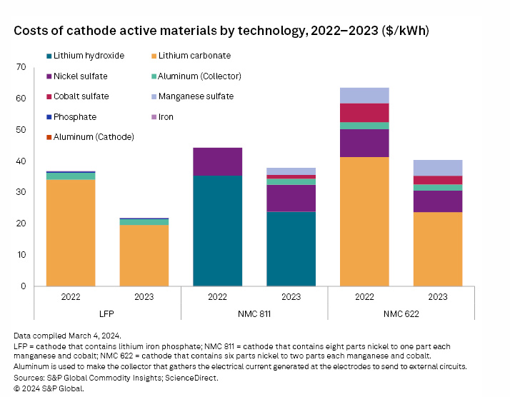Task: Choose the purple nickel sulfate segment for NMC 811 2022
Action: (217, 161)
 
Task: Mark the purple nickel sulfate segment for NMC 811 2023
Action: (291, 198)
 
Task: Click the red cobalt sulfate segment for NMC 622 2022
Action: (364, 113)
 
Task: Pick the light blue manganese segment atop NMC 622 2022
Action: (364, 95)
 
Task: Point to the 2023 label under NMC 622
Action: (438, 296)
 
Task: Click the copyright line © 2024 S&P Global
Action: (49, 388)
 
